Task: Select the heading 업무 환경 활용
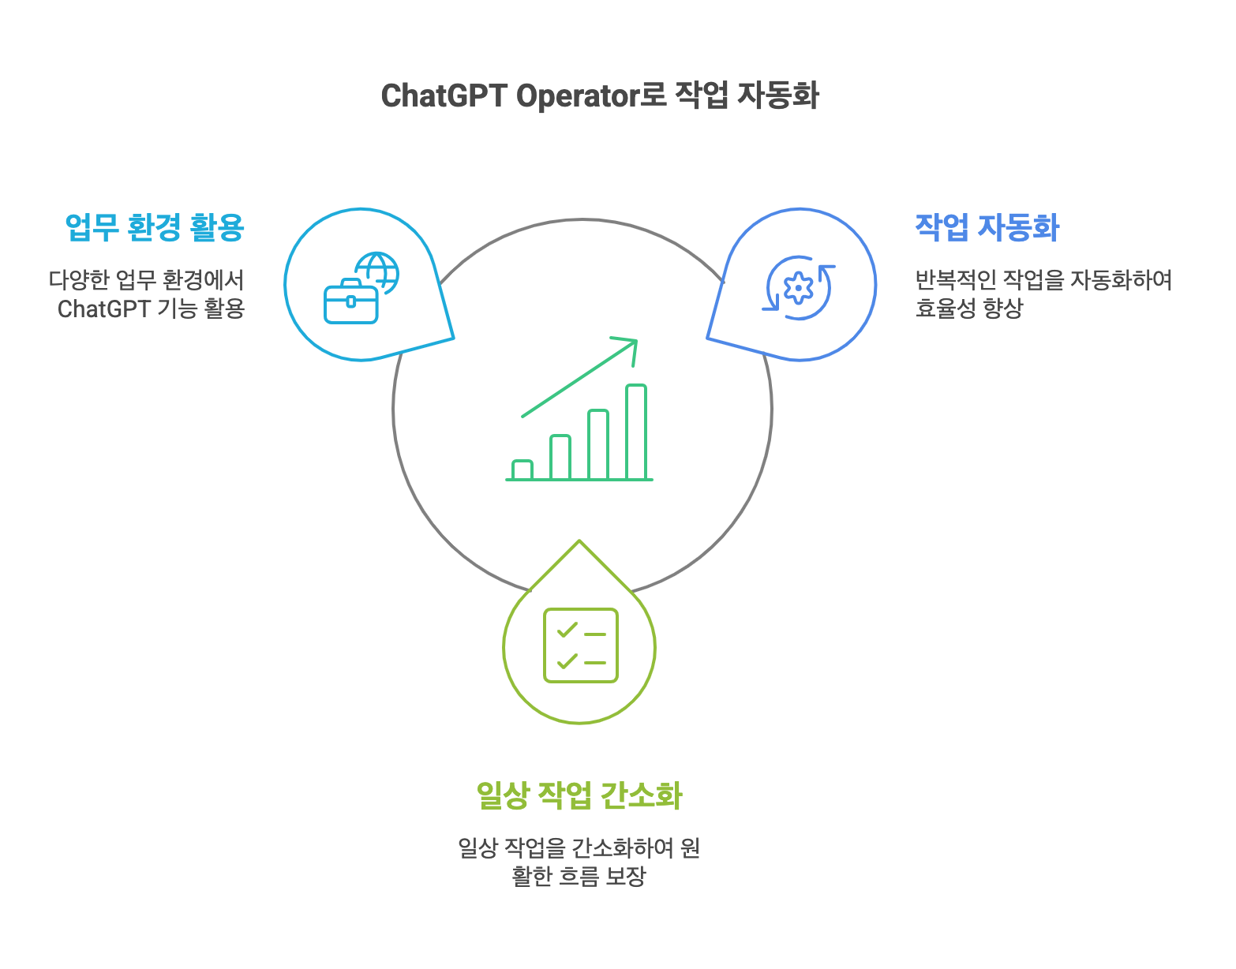pyautogui.click(x=155, y=227)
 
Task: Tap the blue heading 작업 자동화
pyautogui.click(x=987, y=227)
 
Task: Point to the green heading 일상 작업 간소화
pyautogui.click(x=579, y=795)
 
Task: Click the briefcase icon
pyautogui.click(x=351, y=301)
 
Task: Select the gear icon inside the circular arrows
pyautogui.click(x=799, y=288)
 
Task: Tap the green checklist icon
pyautogui.click(x=580, y=645)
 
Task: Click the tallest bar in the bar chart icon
pyautogui.click(x=636, y=432)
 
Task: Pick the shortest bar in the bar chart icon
pyautogui.click(x=522, y=470)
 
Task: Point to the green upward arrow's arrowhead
pyautogui.click(x=630, y=345)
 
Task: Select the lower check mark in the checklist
pyautogui.click(x=567, y=661)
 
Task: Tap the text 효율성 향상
pyautogui.click(x=968, y=309)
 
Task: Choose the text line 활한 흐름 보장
pyautogui.click(x=579, y=877)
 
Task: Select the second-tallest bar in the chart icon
pyautogui.click(x=598, y=444)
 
